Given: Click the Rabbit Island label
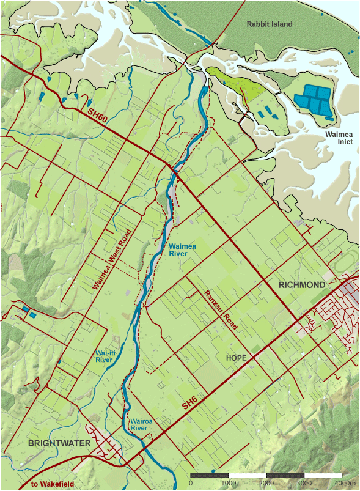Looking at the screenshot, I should tap(270, 24).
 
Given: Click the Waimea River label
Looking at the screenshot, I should tap(182, 249).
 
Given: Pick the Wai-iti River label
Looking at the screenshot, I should tap(106, 356).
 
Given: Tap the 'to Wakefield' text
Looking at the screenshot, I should tap(53, 484).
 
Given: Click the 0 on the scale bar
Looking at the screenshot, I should tap(191, 483).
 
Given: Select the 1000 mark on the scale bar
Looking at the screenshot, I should tap(229, 483).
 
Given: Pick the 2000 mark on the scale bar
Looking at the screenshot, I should tap(266, 483).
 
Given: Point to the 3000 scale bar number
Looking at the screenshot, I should tap(304, 483).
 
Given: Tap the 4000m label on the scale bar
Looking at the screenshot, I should tap(345, 483).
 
